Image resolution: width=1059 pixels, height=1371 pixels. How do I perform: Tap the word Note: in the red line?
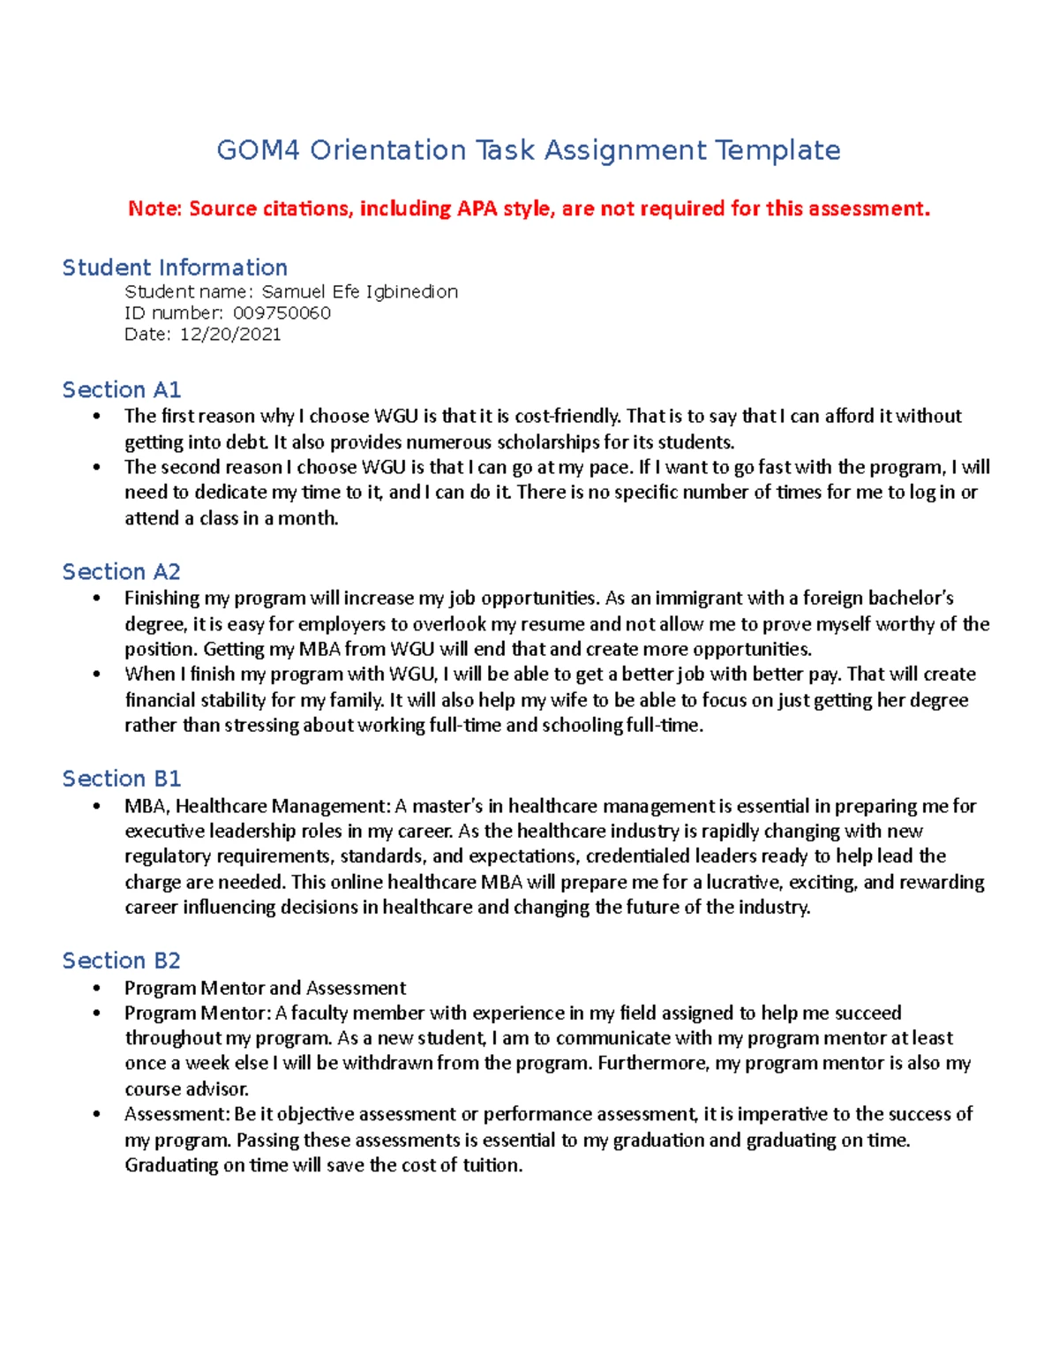click(x=154, y=208)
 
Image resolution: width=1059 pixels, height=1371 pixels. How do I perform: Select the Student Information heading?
click(x=175, y=267)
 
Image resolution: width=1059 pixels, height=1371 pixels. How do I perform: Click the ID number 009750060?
click(x=282, y=313)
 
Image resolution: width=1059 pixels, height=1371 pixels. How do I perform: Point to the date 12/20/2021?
click(x=230, y=334)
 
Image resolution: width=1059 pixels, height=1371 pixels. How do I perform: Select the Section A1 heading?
click(x=121, y=389)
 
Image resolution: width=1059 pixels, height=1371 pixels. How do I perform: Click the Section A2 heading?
click(x=121, y=571)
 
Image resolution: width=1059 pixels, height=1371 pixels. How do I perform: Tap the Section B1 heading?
click(x=121, y=778)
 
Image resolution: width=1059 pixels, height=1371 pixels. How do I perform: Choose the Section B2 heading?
click(x=121, y=960)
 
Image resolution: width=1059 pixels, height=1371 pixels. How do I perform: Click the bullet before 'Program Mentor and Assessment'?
click(x=97, y=988)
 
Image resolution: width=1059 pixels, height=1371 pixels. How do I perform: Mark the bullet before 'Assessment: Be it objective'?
click(x=97, y=1114)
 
